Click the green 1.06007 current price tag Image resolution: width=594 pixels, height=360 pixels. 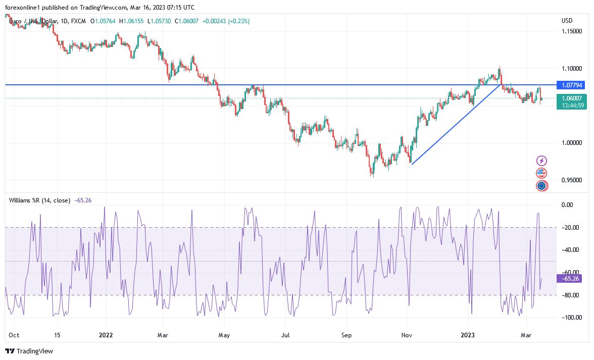click(x=571, y=98)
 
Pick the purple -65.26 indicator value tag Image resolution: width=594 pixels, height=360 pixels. click(x=568, y=278)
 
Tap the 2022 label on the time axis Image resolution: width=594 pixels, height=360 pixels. click(x=106, y=335)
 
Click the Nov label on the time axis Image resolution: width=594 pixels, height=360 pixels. click(x=406, y=335)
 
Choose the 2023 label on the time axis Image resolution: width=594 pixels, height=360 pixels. click(x=468, y=335)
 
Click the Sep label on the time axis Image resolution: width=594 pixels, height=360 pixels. click(x=346, y=335)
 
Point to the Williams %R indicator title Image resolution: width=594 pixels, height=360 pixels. click(x=39, y=200)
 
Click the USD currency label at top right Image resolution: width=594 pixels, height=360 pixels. click(x=567, y=21)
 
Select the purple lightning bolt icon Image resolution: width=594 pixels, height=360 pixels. click(x=541, y=161)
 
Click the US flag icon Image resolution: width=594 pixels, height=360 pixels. click(x=541, y=173)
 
